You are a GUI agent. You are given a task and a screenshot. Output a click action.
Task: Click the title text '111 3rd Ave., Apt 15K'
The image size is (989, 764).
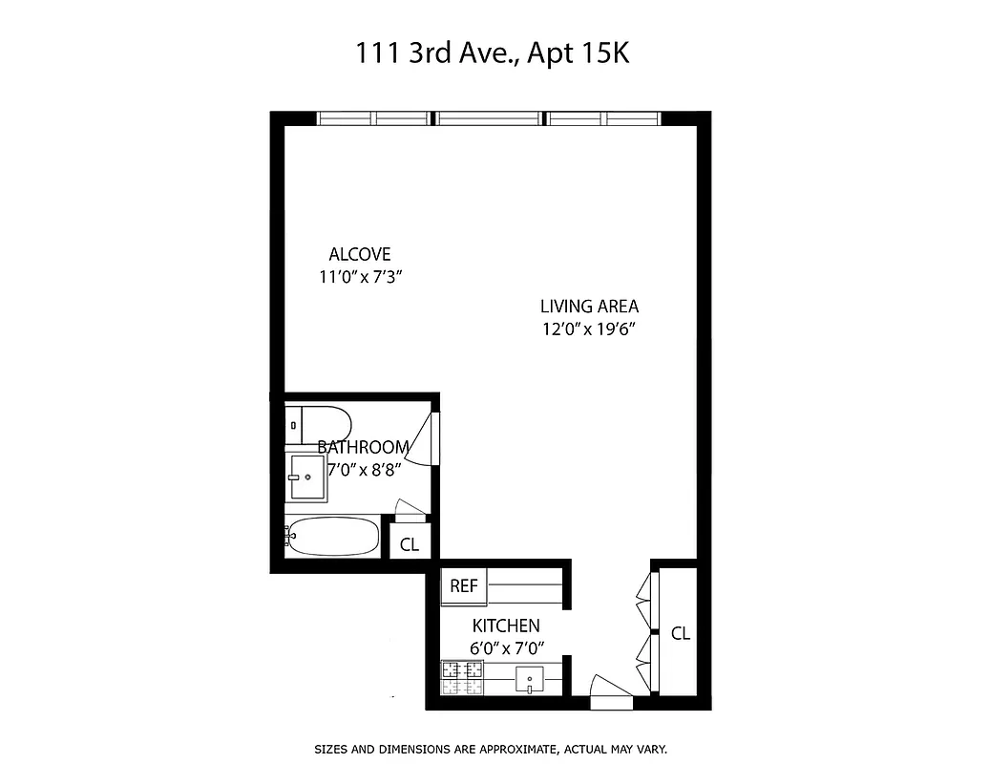click(x=493, y=54)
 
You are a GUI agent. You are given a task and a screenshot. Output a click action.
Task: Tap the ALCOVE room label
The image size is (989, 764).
click(x=360, y=254)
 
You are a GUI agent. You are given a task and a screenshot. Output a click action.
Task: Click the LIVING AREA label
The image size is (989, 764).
click(x=589, y=307)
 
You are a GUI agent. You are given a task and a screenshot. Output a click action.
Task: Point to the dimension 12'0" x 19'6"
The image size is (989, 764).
click(x=589, y=331)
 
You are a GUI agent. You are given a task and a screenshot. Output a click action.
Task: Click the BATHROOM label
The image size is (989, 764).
click(x=364, y=447)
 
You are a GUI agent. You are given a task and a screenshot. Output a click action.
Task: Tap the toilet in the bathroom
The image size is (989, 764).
click(x=320, y=425)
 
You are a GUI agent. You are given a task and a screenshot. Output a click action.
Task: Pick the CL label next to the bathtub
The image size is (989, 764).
click(x=410, y=545)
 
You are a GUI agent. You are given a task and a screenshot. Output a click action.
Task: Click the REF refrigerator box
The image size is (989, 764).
click(x=464, y=586)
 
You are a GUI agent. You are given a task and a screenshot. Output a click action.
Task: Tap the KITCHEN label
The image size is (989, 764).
click(x=506, y=626)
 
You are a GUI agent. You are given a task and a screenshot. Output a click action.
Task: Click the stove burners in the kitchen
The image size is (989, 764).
click(x=462, y=678)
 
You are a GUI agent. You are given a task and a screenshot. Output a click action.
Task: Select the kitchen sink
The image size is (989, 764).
click(x=529, y=680)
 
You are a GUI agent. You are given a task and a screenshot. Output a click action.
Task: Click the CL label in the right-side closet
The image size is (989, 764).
click(x=681, y=633)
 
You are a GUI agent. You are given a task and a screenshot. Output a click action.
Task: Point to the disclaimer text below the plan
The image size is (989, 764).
click(x=491, y=750)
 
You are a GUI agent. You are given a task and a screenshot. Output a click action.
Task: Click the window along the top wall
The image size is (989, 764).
click(x=489, y=119)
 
